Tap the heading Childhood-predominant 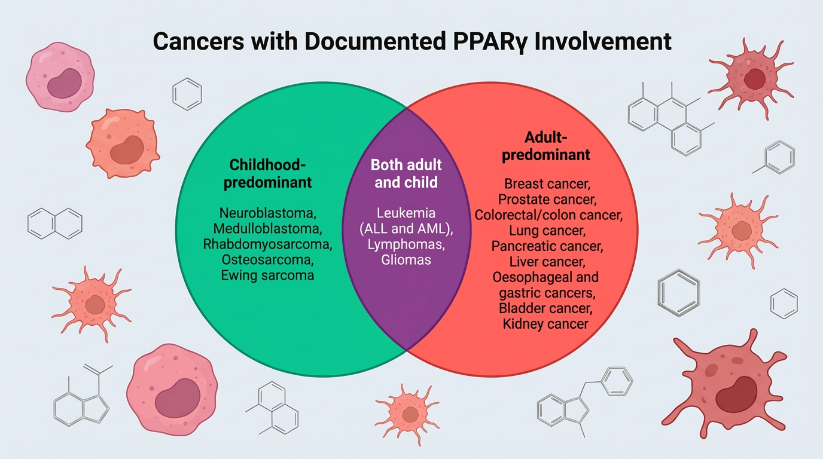click(267, 173)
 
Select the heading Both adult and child click(406, 173)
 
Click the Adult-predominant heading click(545, 146)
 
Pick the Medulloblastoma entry click(268, 228)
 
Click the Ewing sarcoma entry click(267, 276)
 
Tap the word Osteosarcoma click(267, 260)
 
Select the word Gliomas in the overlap click(406, 260)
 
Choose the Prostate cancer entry click(547, 199)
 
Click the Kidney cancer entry click(545, 324)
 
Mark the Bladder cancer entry click(546, 308)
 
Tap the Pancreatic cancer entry click(547, 246)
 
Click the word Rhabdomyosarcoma click(267, 244)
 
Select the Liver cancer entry click(547, 261)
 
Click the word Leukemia click(406, 213)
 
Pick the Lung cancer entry click(547, 230)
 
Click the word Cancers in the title click(197, 42)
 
